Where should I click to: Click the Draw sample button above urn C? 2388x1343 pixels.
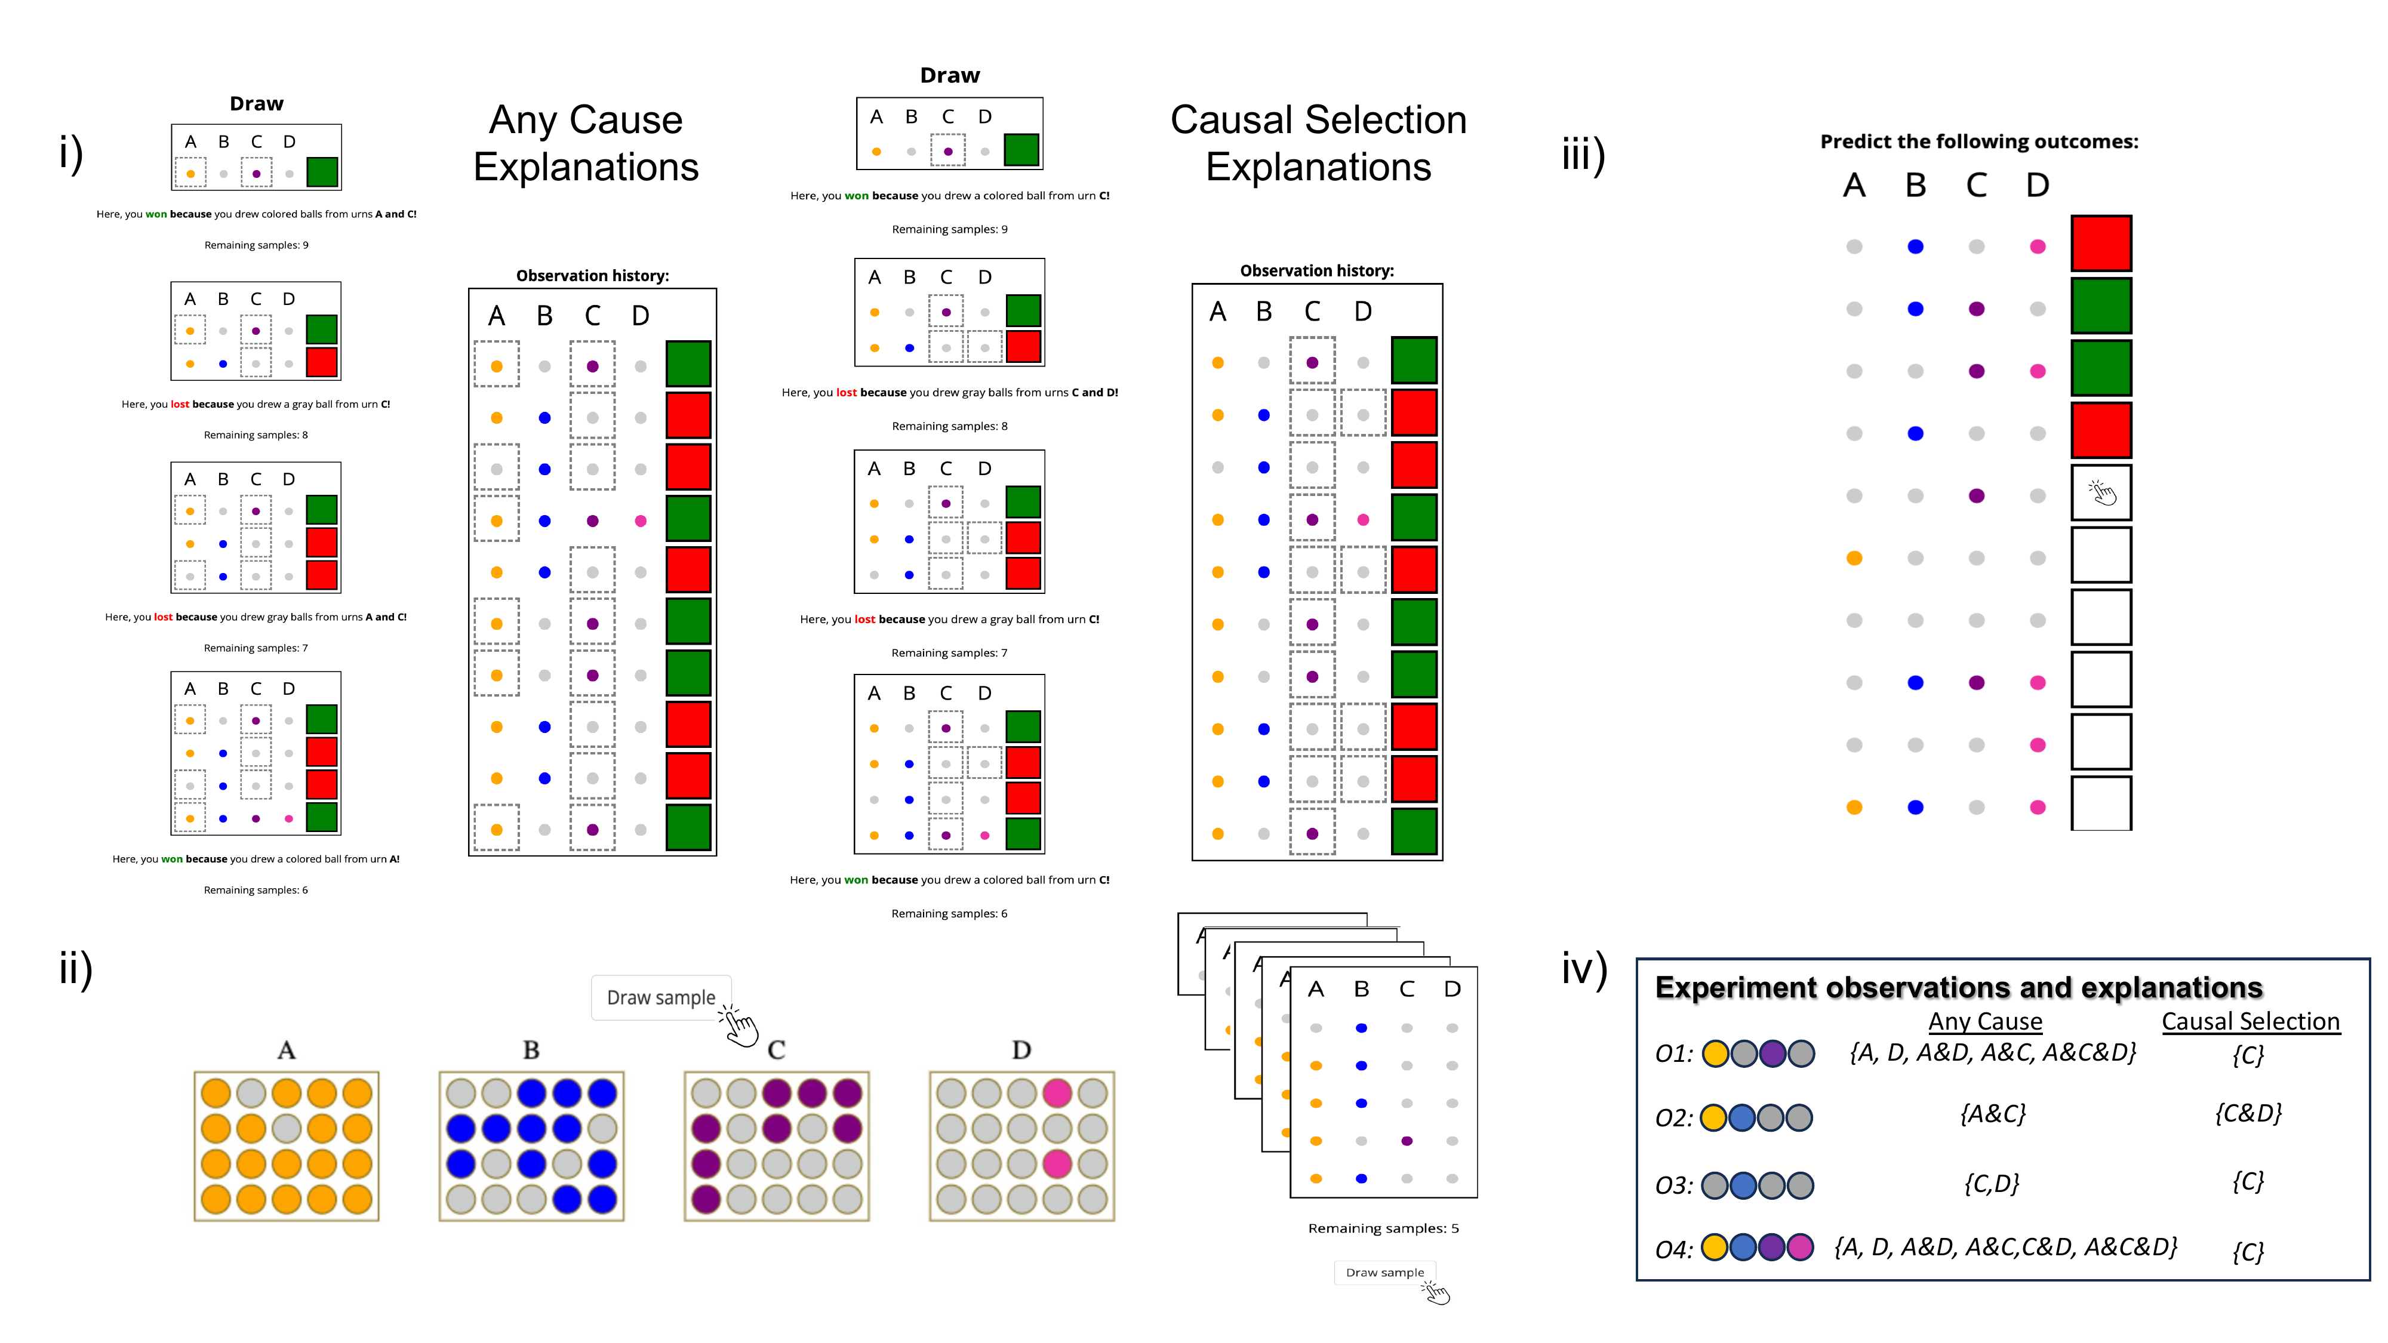[x=660, y=997]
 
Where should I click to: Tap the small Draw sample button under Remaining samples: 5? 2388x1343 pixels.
[x=1384, y=1273]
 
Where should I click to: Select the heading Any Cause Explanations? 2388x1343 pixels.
[x=586, y=144]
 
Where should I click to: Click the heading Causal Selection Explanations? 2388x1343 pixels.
[x=1318, y=144]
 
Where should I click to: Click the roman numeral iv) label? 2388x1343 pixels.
[x=1583, y=969]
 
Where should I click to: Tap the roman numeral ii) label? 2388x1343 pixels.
[x=76, y=969]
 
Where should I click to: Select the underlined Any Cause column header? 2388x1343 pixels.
[x=1985, y=1021]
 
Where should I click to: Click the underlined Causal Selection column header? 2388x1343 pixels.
[x=2250, y=1021]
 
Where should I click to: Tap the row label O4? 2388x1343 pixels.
[x=1673, y=1249]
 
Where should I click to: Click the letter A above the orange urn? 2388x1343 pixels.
[x=287, y=1050]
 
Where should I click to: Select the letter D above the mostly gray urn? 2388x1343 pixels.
[x=1021, y=1050]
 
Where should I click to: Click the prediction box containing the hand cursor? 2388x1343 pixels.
[x=2101, y=493]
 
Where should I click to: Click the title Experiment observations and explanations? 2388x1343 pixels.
[x=1958, y=987]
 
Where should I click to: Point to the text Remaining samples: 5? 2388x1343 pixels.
[x=1383, y=1228]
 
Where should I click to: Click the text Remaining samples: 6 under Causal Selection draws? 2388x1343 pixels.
[x=949, y=913]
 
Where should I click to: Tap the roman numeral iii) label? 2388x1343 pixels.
[x=1583, y=155]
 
